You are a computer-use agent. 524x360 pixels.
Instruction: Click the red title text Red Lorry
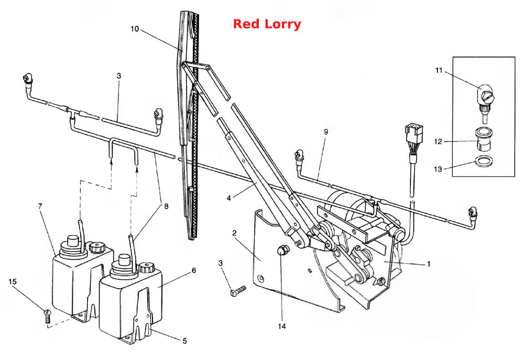pyautogui.click(x=267, y=24)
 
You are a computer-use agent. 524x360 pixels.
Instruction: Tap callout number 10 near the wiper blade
pyautogui.click(x=135, y=29)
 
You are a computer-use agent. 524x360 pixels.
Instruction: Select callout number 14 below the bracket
pyautogui.click(x=282, y=326)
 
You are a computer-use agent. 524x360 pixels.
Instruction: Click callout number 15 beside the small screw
pyautogui.click(x=13, y=282)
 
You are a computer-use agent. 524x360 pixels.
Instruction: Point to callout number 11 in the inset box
pyautogui.click(x=439, y=71)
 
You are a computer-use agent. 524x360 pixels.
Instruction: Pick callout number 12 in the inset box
pyautogui.click(x=438, y=141)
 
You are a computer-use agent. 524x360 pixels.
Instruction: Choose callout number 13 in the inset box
pyautogui.click(x=438, y=169)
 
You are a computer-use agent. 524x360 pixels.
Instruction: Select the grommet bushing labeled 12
pyautogui.click(x=484, y=139)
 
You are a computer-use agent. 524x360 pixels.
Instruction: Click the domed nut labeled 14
pyautogui.click(x=283, y=250)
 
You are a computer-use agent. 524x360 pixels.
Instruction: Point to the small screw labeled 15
pyautogui.click(x=48, y=316)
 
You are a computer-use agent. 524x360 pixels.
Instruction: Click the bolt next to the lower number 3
pyautogui.click(x=238, y=291)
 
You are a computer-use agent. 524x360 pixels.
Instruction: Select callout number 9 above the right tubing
pyautogui.click(x=326, y=132)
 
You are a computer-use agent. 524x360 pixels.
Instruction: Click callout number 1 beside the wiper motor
pyautogui.click(x=429, y=264)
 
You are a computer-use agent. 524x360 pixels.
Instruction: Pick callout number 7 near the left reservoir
pyautogui.click(x=40, y=206)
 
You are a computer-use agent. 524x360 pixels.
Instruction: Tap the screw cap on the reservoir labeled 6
pyautogui.click(x=147, y=268)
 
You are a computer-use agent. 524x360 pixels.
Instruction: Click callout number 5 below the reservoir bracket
pyautogui.click(x=184, y=341)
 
